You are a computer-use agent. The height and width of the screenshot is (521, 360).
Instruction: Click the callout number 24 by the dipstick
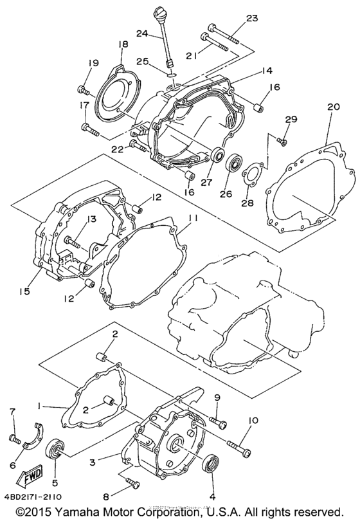click(x=140, y=32)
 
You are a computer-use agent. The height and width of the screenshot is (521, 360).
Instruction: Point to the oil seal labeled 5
click(x=55, y=448)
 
